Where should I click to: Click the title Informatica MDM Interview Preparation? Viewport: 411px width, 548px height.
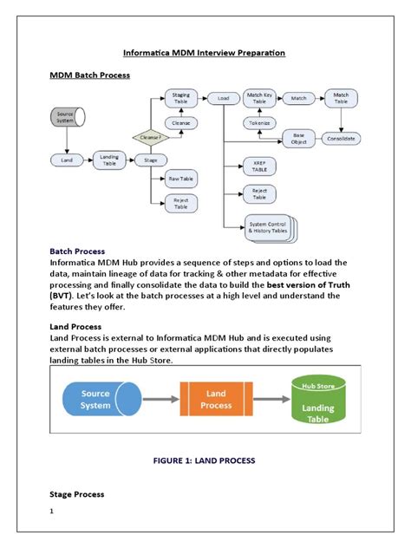click(205, 53)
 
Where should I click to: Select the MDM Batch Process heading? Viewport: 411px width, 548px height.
click(89, 75)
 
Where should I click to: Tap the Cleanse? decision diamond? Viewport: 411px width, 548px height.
click(148, 136)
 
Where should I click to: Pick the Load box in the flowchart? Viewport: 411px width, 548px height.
click(223, 99)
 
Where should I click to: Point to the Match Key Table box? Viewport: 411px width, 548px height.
click(258, 99)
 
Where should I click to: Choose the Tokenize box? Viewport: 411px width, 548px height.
click(258, 122)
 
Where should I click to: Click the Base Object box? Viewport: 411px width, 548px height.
click(298, 138)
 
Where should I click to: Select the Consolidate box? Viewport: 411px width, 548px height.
click(341, 138)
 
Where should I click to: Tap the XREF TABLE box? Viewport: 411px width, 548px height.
click(259, 167)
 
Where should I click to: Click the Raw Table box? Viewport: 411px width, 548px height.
click(181, 179)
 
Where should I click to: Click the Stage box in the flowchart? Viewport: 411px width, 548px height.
click(150, 160)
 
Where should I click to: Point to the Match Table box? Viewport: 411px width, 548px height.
click(341, 99)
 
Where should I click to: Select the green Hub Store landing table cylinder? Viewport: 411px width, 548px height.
click(317, 400)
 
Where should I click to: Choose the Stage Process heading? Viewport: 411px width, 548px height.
click(77, 494)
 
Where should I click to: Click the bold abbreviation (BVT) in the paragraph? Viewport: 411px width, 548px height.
click(63, 296)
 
